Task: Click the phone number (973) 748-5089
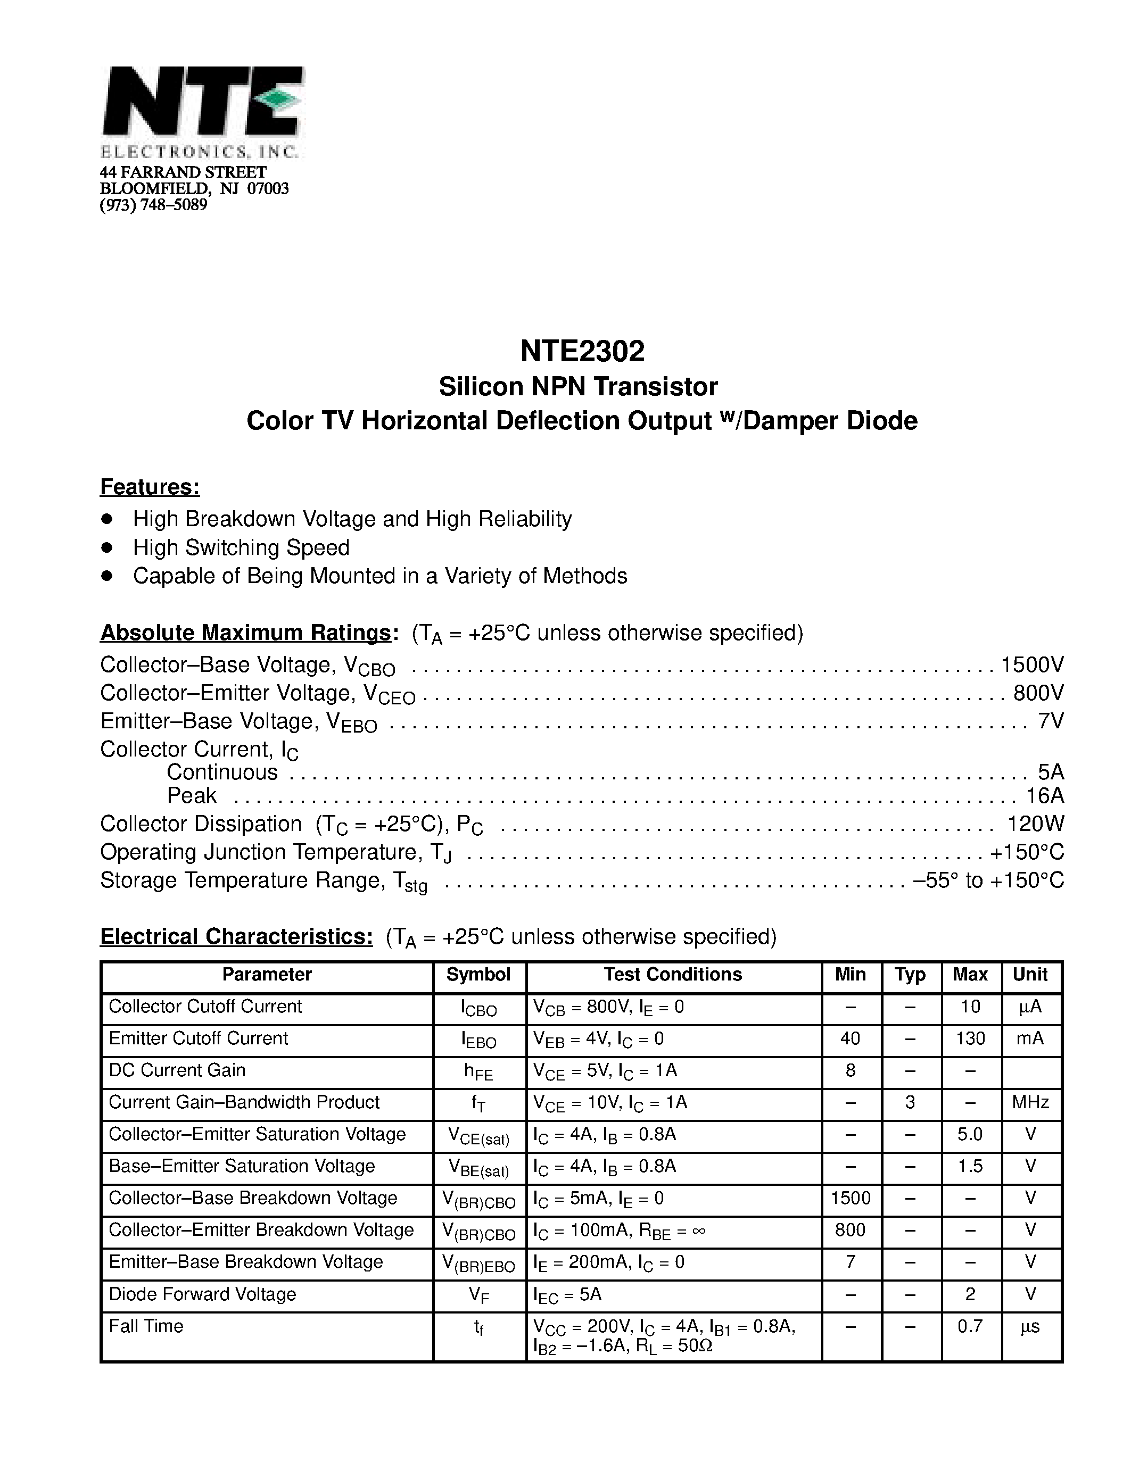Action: point(153,205)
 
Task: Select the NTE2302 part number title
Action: point(582,351)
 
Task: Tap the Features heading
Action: point(150,487)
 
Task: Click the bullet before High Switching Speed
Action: point(106,547)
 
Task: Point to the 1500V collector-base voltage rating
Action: point(1032,664)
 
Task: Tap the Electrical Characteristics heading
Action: point(236,936)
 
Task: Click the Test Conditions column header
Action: point(673,975)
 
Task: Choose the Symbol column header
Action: point(478,975)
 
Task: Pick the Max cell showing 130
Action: point(970,1039)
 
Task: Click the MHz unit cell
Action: point(1030,1103)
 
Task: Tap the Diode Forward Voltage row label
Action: point(202,1294)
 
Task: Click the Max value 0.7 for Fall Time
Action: point(970,1326)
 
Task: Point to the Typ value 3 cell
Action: point(910,1103)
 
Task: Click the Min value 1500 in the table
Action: point(851,1199)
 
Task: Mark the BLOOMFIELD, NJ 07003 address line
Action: point(194,188)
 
